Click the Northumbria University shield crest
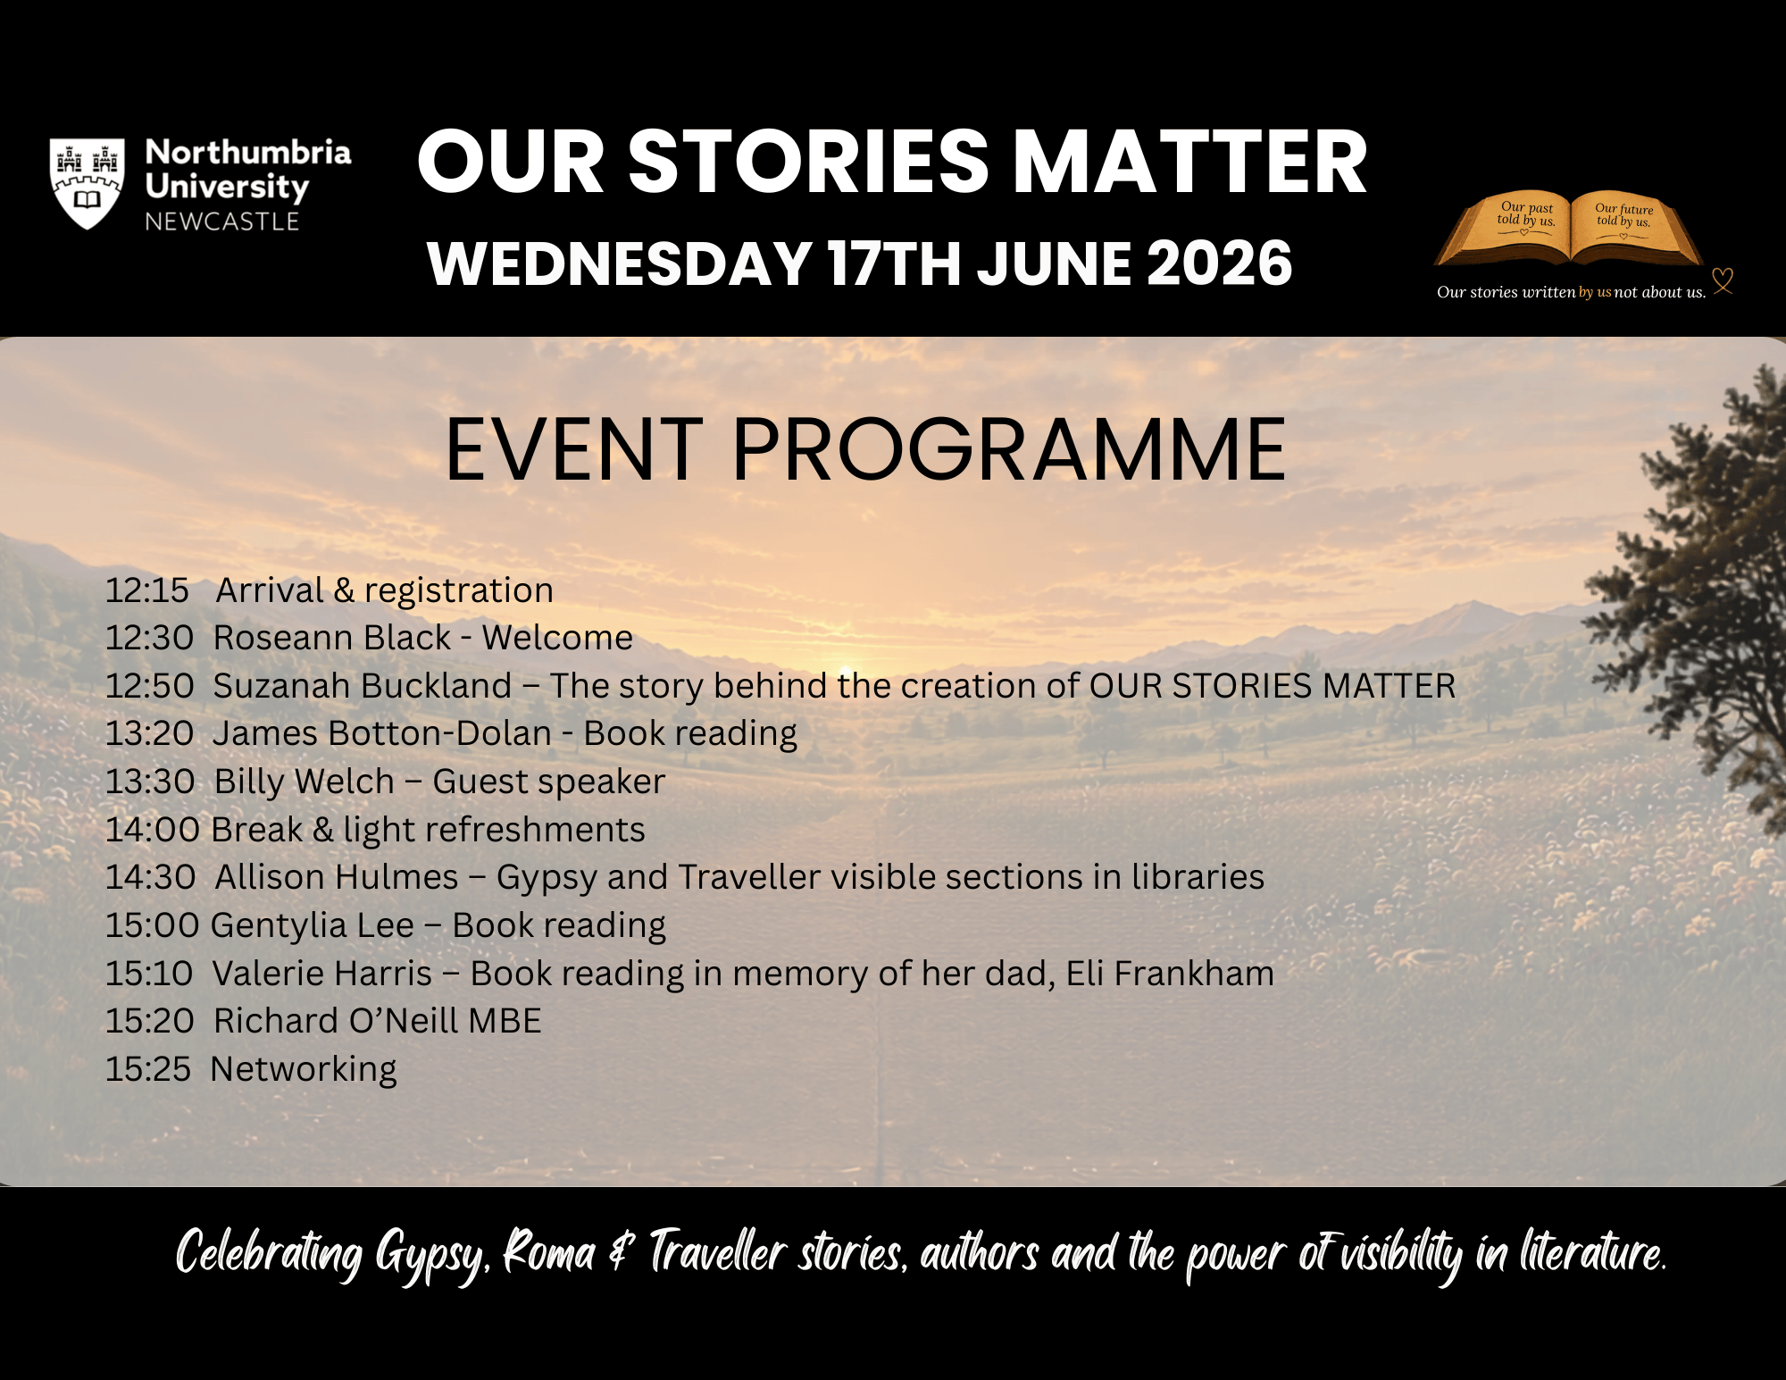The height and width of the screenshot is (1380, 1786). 87,183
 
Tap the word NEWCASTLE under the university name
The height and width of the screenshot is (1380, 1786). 222,222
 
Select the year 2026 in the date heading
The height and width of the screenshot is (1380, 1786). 1219,263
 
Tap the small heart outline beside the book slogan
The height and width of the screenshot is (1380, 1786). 1723,280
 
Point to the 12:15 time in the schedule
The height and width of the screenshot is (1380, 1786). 147,590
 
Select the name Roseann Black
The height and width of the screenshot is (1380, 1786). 332,638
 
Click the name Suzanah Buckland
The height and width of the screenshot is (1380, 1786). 363,686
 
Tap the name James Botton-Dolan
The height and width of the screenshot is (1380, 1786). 382,733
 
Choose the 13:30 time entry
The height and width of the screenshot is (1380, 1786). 150,782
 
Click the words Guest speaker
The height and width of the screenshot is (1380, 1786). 549,782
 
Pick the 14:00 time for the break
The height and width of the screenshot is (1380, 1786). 153,830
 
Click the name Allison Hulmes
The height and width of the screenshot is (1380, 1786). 337,877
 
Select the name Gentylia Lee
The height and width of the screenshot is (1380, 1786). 313,926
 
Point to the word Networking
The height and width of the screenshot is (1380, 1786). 304,1070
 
